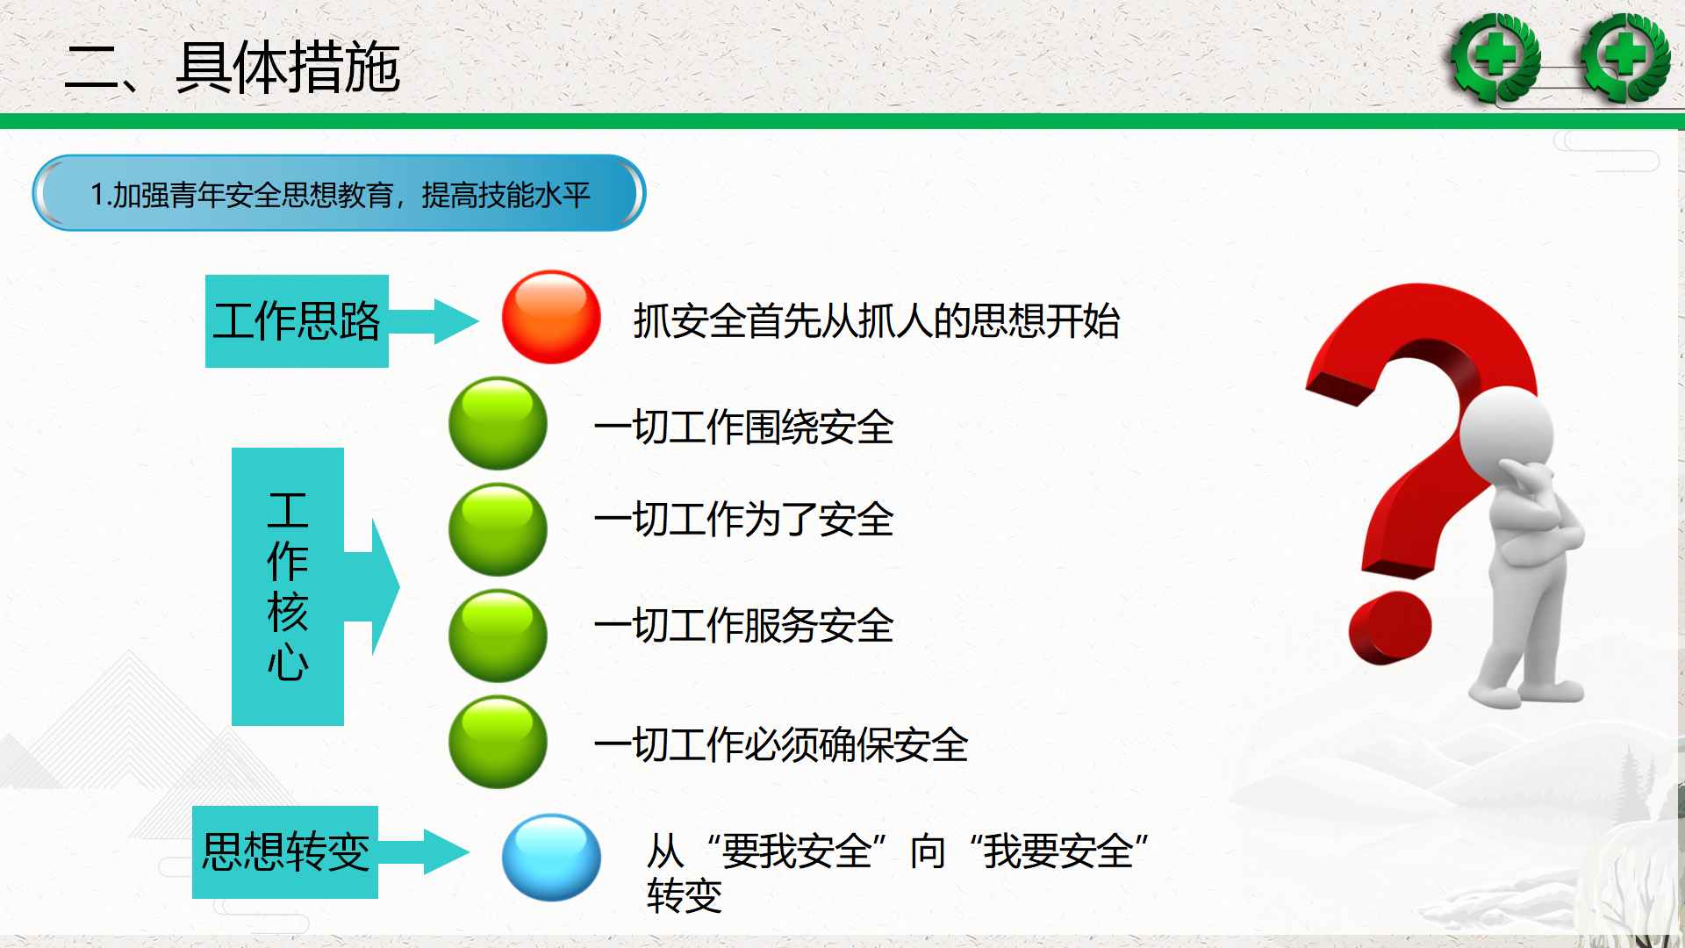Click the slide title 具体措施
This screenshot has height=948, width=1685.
tap(288, 67)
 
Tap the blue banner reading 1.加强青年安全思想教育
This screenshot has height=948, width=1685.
tap(340, 193)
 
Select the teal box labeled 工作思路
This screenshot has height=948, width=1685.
tap(297, 320)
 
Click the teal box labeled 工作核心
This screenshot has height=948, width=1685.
tap(288, 586)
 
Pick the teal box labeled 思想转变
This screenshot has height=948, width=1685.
tap(285, 851)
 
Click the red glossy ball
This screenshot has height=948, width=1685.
tap(551, 317)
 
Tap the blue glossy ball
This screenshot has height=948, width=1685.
tap(551, 858)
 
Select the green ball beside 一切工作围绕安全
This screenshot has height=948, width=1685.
tap(498, 423)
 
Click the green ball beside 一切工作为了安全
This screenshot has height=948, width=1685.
tap(498, 529)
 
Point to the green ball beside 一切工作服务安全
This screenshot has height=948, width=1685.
tap(498, 636)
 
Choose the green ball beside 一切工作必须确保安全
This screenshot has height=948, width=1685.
tap(498, 742)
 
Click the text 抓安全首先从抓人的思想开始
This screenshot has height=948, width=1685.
tap(877, 320)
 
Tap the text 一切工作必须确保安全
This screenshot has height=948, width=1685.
tap(781, 745)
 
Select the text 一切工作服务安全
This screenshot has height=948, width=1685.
tap(743, 626)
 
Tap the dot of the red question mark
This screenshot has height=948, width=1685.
tap(1390, 627)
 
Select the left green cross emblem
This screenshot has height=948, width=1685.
tap(1495, 58)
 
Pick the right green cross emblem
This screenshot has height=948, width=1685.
tap(1625, 58)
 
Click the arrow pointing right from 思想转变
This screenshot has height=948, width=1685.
tap(424, 851)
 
